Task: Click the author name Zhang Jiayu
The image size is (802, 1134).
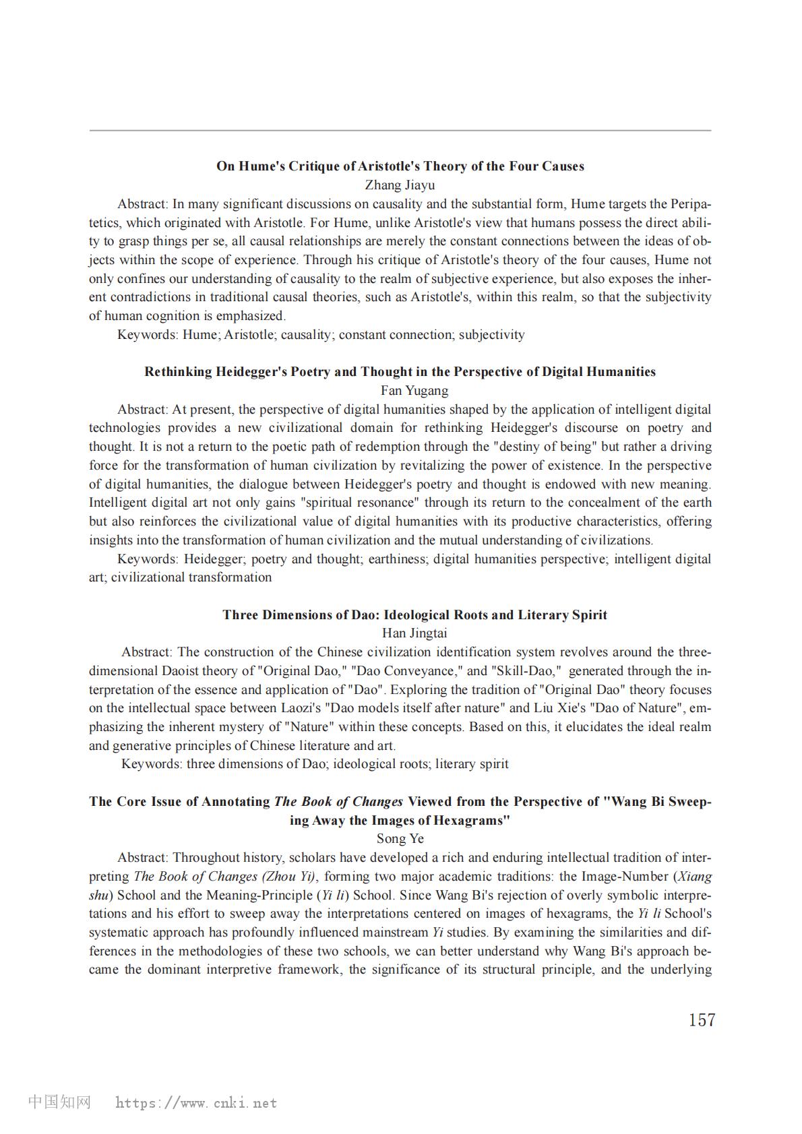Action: pyautogui.click(x=400, y=185)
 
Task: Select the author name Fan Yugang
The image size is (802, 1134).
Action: pyautogui.click(x=400, y=391)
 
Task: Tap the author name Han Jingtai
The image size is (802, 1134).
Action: pyautogui.click(x=400, y=633)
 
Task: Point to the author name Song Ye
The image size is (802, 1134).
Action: pyautogui.click(x=400, y=839)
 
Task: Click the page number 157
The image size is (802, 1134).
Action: pyautogui.click(x=701, y=1020)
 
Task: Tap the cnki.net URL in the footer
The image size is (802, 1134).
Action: pyautogui.click(x=196, y=1103)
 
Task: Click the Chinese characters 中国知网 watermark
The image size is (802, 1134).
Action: pyautogui.click(x=59, y=1102)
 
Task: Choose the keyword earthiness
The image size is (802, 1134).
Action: pyautogui.click(x=396, y=559)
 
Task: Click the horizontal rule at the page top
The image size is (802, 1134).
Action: pyautogui.click(x=400, y=130)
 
